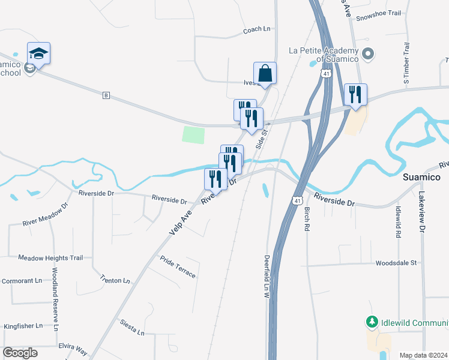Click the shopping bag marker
click(265, 74)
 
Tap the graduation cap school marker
click(39, 54)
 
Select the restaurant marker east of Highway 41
click(355, 95)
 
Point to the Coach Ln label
click(257, 30)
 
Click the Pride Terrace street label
click(178, 266)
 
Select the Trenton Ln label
click(115, 280)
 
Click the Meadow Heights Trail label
click(50, 257)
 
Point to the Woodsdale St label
click(396, 263)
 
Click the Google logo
click(20, 353)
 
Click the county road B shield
click(106, 95)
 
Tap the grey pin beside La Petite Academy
click(369, 54)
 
